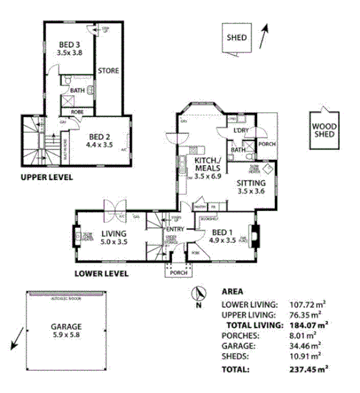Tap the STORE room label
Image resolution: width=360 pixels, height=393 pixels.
(109, 71)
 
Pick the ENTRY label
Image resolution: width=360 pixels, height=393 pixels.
(175, 229)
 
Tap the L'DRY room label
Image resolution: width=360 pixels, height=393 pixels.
(241, 131)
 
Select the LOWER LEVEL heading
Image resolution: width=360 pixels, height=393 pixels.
(101, 273)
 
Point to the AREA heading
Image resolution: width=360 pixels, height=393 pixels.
(232, 292)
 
